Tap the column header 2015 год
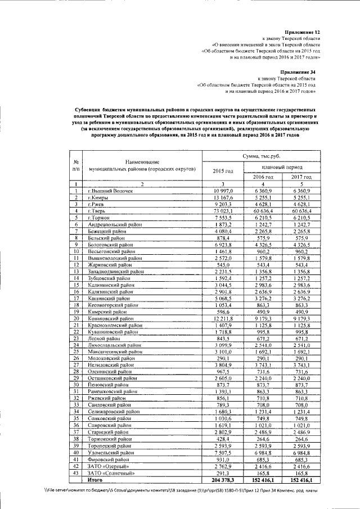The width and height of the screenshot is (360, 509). pos(223,170)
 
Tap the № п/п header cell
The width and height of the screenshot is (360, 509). pos(75,165)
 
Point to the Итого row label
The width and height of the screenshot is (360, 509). pos(95,480)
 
